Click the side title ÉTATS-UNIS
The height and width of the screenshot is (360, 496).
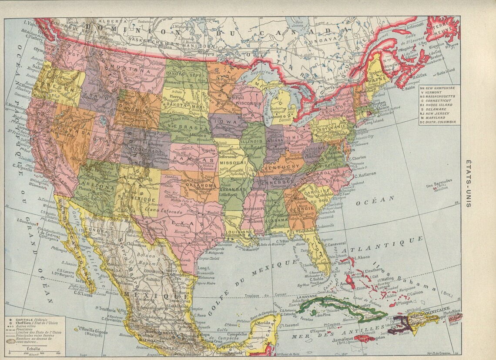[468, 183]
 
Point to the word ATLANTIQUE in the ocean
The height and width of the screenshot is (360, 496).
[382, 246]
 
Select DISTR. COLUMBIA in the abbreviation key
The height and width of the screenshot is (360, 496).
[442, 122]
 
